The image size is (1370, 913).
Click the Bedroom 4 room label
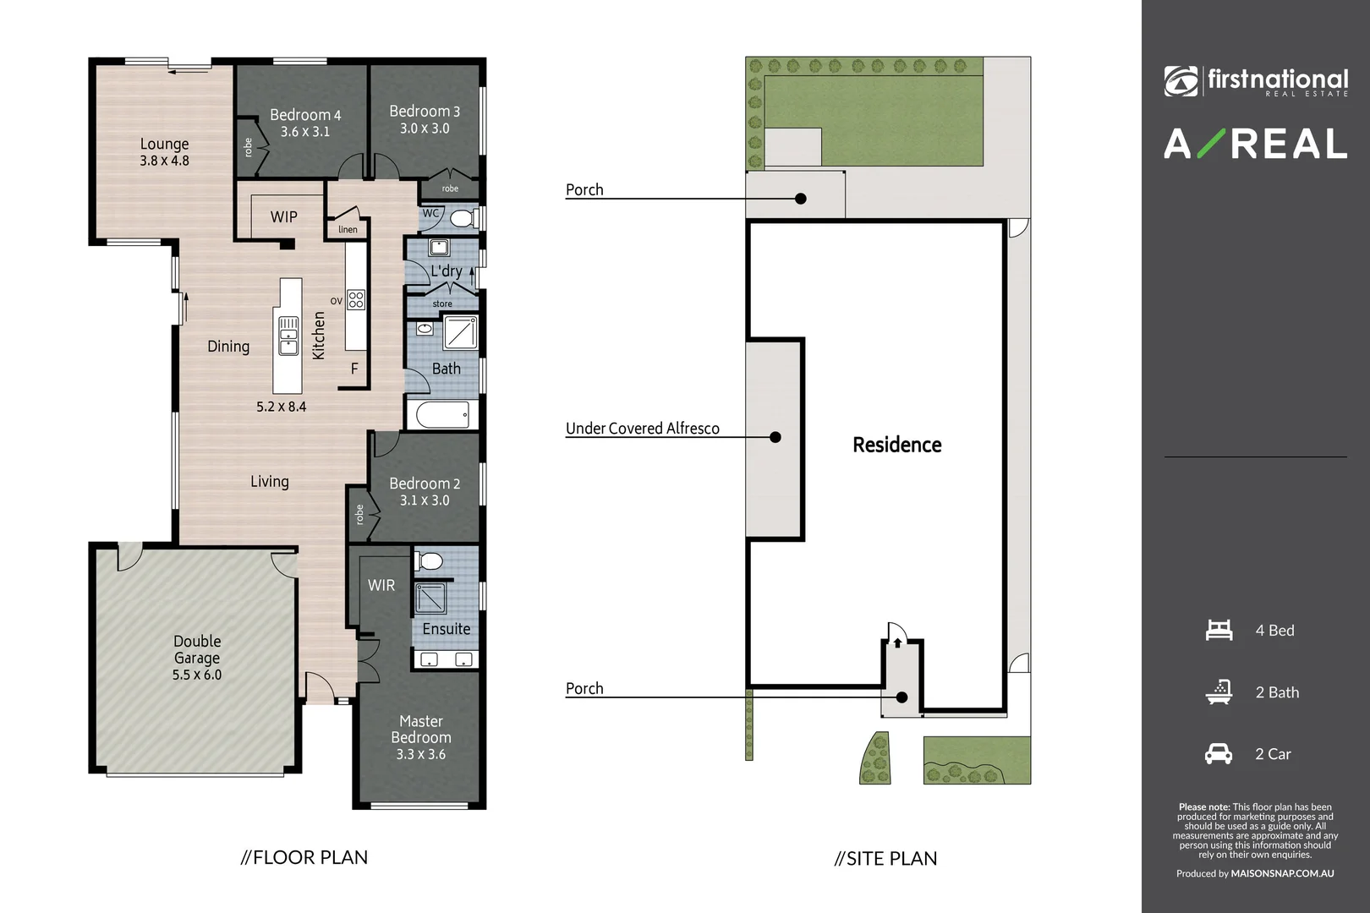coord(305,115)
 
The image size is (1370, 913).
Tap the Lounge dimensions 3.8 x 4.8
coord(164,161)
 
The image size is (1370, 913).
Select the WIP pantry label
coord(283,217)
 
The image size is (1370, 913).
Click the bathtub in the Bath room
coord(442,415)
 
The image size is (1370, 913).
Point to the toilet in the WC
coord(461,219)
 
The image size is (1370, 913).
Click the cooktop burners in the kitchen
coord(356,299)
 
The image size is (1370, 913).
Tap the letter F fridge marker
coord(354,369)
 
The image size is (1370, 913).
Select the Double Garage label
coord(197,649)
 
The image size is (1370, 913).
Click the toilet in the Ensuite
coord(430,561)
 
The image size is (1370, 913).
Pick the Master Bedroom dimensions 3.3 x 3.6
coord(420,754)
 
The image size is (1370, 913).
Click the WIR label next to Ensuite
coord(381,585)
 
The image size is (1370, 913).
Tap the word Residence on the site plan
coord(896,445)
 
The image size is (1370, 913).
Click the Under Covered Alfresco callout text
coord(642,429)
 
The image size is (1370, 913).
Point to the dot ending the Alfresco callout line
coord(775,437)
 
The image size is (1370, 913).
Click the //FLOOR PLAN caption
coord(304,857)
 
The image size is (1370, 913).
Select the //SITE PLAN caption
coord(885,858)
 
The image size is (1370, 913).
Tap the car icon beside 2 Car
coord(1218,753)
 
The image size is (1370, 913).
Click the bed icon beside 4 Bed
coord(1219,630)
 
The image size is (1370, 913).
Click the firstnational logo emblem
coord(1181,81)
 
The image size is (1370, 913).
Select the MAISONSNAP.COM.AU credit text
coord(1282,873)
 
